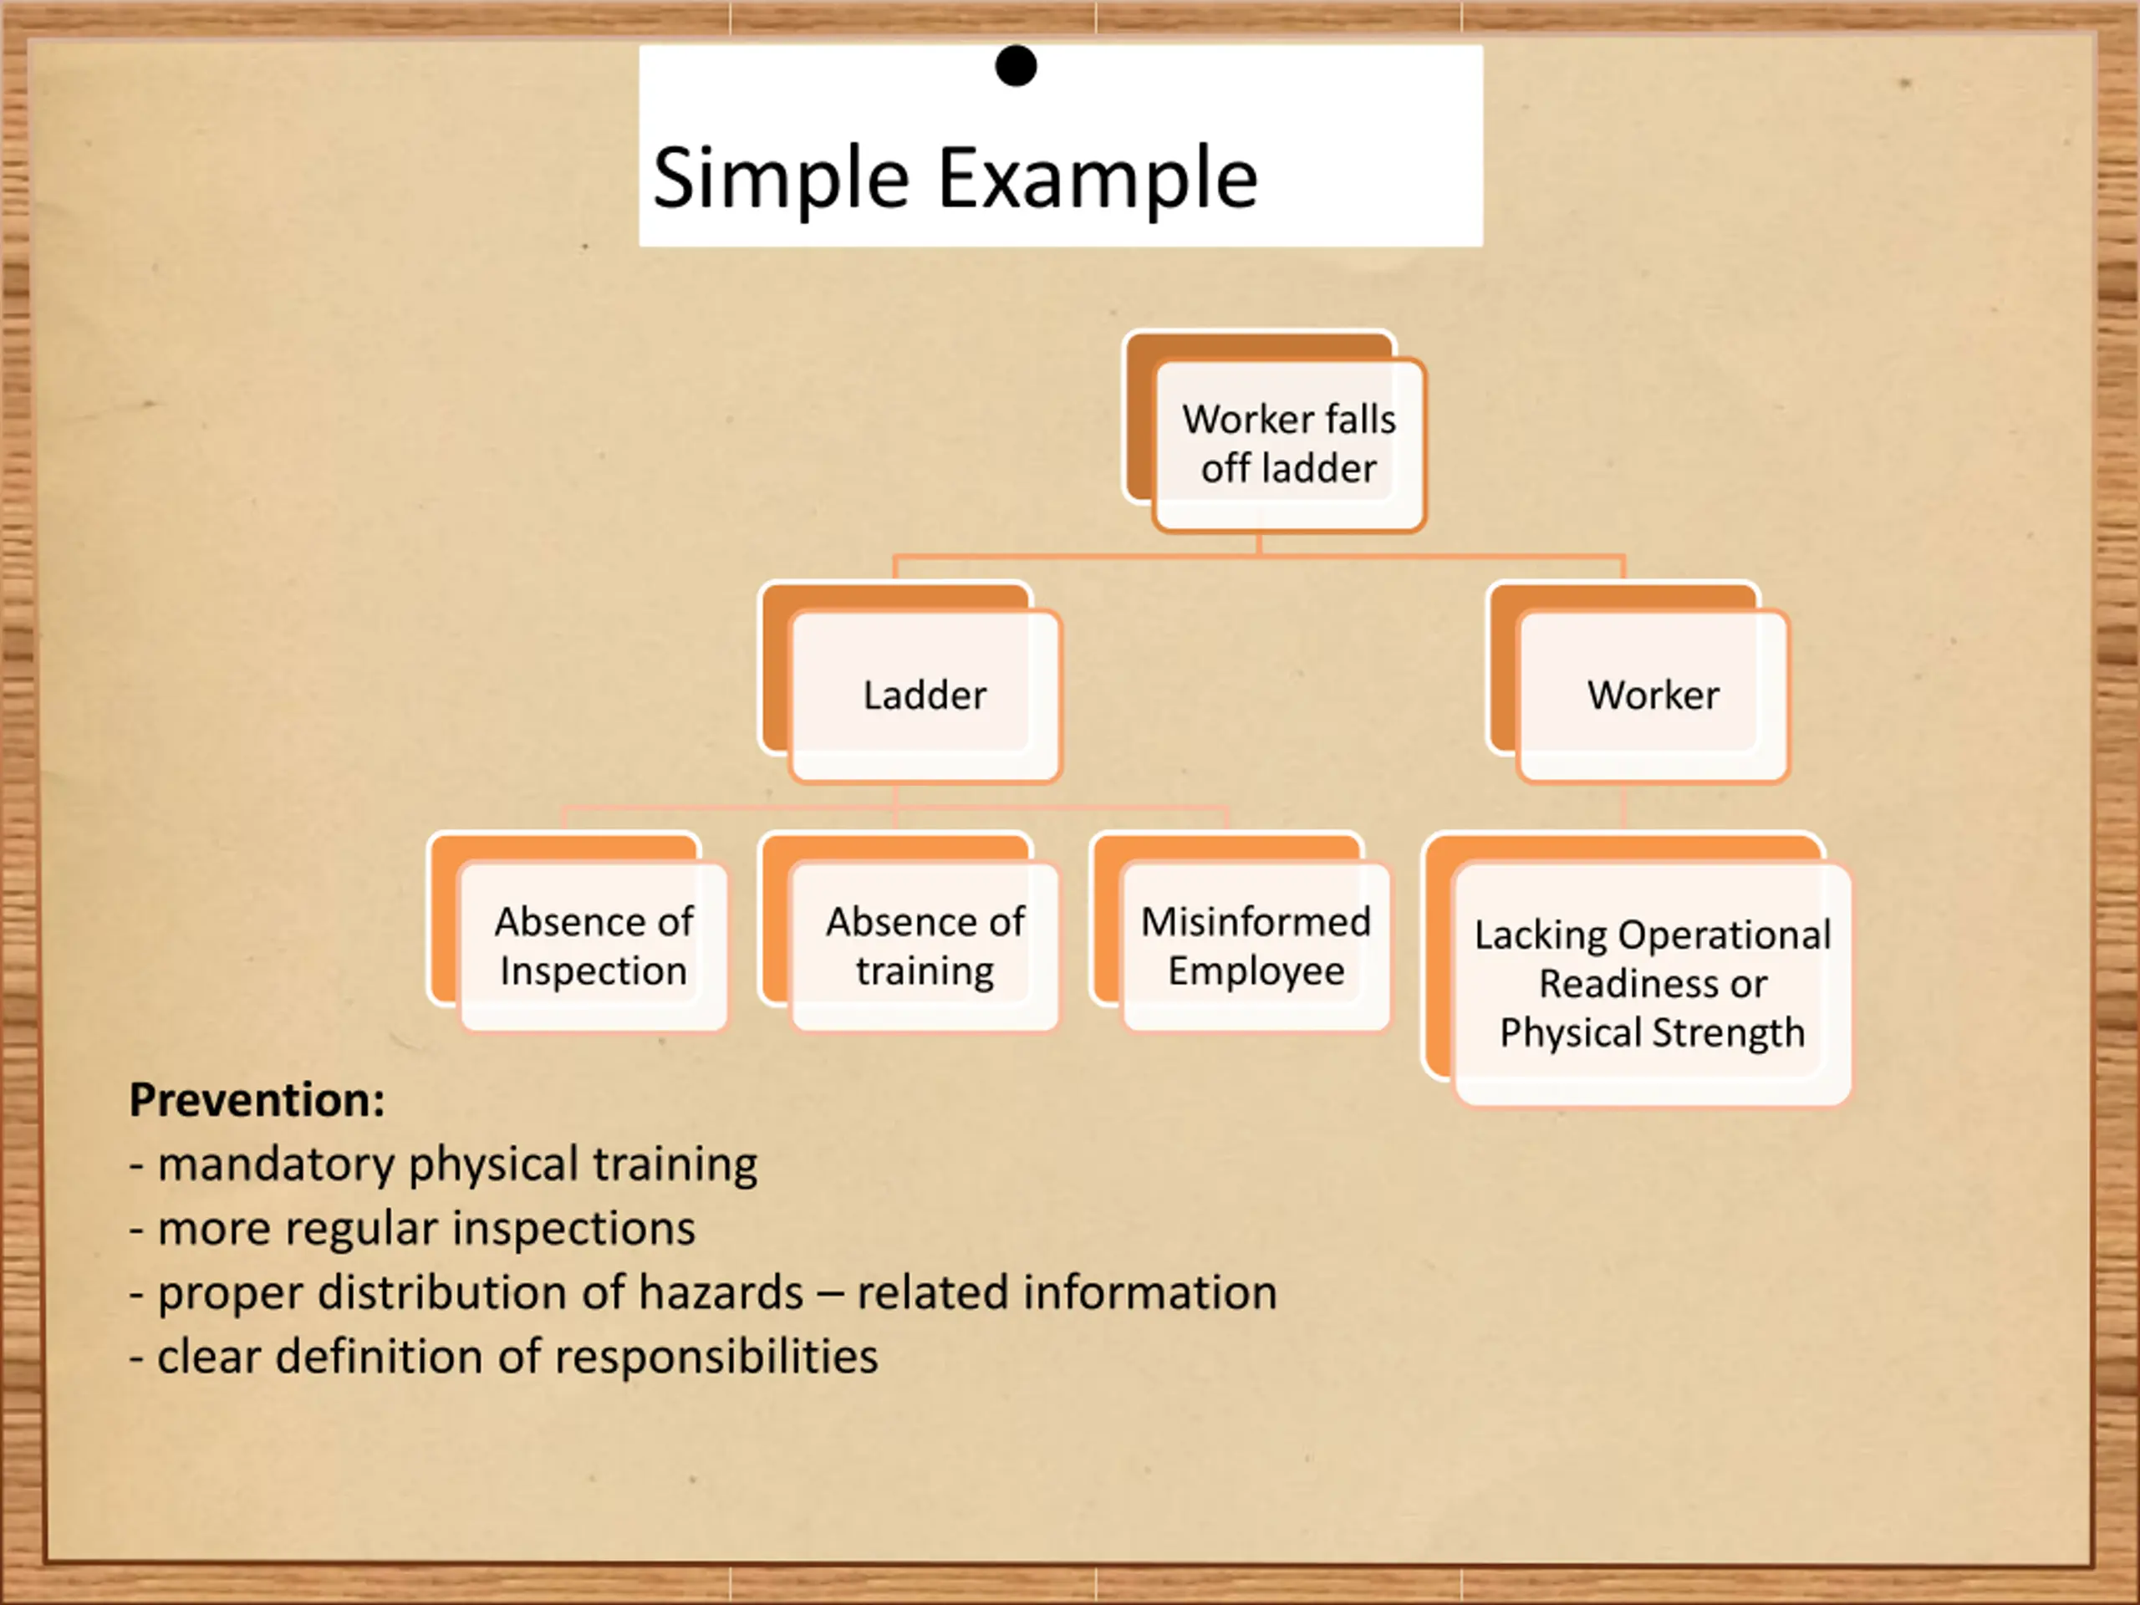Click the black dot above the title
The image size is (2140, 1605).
click(1016, 66)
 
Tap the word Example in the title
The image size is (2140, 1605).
click(1098, 178)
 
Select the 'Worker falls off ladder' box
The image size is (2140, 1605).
click(1289, 444)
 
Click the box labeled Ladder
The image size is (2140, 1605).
click(925, 695)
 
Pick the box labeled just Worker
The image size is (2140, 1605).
click(1653, 695)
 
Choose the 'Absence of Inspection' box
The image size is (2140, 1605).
click(593, 946)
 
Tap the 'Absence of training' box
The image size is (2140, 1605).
click(925, 946)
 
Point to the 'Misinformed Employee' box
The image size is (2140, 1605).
click(1256, 946)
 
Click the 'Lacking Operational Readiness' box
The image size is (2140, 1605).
click(1653, 983)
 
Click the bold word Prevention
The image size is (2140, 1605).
click(257, 1100)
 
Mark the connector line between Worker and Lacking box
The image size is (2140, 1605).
click(1623, 807)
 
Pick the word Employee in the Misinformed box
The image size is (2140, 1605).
click(1256, 971)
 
